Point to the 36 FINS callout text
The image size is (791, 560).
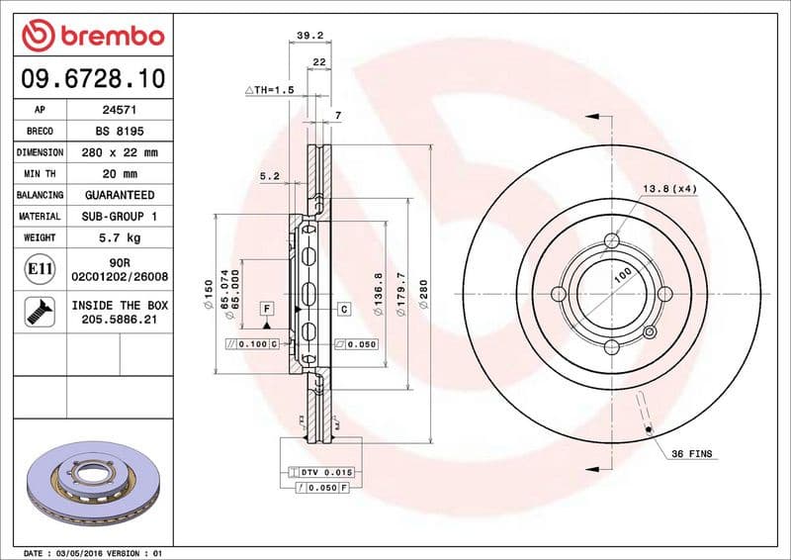point(692,454)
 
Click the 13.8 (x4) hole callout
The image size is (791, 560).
point(670,188)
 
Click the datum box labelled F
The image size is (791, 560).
point(267,310)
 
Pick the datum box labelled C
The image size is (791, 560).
point(344,310)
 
